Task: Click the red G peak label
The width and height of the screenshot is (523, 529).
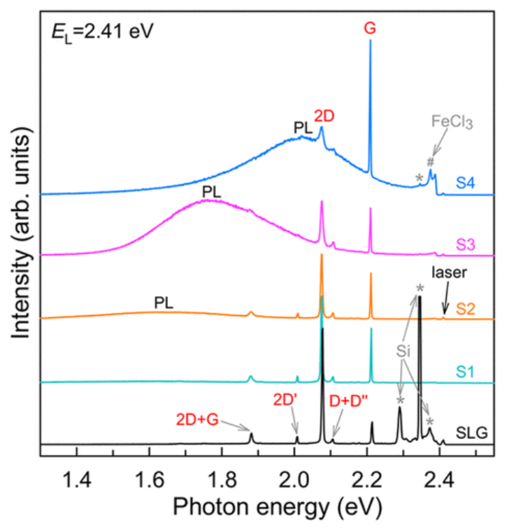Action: point(370,29)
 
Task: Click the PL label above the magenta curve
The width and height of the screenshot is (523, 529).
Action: point(210,191)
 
